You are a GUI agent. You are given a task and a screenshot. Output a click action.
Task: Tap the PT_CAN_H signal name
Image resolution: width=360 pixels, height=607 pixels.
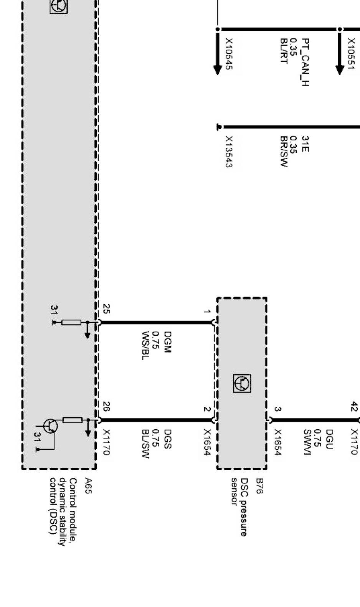coord(306,62)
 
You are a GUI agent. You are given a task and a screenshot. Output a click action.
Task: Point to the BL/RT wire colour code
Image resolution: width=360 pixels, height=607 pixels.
coord(284,51)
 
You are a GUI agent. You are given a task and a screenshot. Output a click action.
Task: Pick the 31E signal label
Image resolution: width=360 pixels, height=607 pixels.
coord(306,144)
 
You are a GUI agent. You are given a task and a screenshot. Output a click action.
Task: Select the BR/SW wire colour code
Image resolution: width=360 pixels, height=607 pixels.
coord(284,152)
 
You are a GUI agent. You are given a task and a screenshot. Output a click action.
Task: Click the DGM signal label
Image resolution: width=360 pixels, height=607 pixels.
coord(167,342)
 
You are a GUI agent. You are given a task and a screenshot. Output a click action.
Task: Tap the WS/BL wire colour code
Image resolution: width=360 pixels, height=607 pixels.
coord(145,345)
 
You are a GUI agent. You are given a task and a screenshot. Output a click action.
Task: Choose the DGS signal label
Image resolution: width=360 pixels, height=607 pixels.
coord(167,439)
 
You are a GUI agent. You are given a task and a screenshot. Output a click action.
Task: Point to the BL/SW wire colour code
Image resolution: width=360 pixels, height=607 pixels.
coord(145,444)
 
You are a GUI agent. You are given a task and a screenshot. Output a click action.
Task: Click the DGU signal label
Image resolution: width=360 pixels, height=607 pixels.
coord(329,439)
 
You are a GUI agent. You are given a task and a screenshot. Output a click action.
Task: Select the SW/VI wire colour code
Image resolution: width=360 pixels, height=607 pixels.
coord(307,443)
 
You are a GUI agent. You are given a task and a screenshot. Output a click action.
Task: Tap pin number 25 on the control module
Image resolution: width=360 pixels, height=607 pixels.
coord(107,309)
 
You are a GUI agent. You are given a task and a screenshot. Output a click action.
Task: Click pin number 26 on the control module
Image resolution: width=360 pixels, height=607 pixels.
coord(107,407)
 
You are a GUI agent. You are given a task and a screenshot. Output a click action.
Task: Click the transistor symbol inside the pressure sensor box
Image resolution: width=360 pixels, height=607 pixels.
coord(242,383)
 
